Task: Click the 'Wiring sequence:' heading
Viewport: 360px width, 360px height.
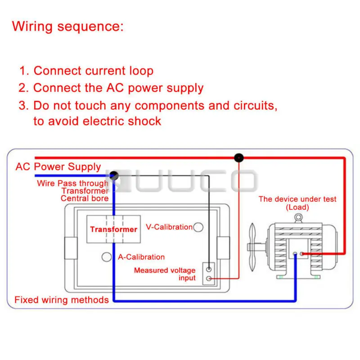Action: pyautogui.click(x=67, y=26)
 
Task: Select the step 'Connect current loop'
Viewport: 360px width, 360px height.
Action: pyautogui.click(x=93, y=71)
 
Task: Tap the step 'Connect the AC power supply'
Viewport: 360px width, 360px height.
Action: pyautogui.click(x=118, y=88)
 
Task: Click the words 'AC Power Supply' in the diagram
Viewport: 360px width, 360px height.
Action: pyautogui.click(x=58, y=166)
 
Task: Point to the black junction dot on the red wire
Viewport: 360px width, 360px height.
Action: pyautogui.click(x=239, y=157)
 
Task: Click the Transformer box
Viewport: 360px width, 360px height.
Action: pyautogui.click(x=113, y=229)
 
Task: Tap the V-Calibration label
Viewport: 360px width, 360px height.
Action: pyautogui.click(x=169, y=227)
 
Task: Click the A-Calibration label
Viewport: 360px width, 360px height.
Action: pyautogui.click(x=141, y=257)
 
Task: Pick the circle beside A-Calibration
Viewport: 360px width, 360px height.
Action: pyautogui.click(x=107, y=257)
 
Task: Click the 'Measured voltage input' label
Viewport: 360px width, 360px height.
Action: pyautogui.click(x=165, y=274)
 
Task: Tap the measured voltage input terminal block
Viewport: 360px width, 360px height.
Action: pyautogui.click(x=208, y=274)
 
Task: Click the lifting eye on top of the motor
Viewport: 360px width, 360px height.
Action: pyautogui.click(x=298, y=218)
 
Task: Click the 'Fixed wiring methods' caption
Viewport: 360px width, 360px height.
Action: pyautogui.click(x=62, y=300)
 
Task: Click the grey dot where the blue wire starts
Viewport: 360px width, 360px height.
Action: pyautogui.click(x=114, y=175)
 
